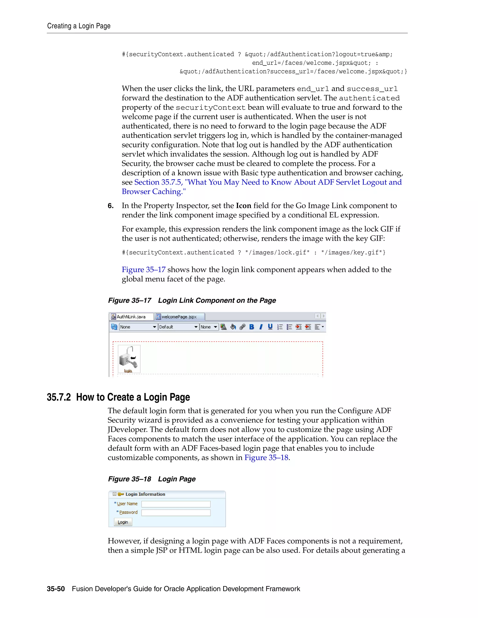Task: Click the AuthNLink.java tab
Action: (x=131, y=317)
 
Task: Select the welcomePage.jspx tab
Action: (x=179, y=317)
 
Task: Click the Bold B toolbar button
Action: (x=251, y=327)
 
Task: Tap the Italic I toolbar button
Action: (x=261, y=327)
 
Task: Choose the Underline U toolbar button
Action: (x=270, y=327)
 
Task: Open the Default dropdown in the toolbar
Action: (x=178, y=327)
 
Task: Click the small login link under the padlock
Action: (x=128, y=371)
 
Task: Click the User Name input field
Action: (x=176, y=504)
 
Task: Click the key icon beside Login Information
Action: (x=121, y=494)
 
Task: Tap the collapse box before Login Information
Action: (x=115, y=494)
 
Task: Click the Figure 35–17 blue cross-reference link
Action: (x=144, y=270)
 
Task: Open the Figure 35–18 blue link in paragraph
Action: (x=266, y=458)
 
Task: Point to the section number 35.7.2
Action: (x=59, y=397)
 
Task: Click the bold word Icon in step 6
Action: (x=243, y=206)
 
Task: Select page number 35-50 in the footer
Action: (x=56, y=589)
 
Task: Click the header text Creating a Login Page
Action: (x=79, y=26)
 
